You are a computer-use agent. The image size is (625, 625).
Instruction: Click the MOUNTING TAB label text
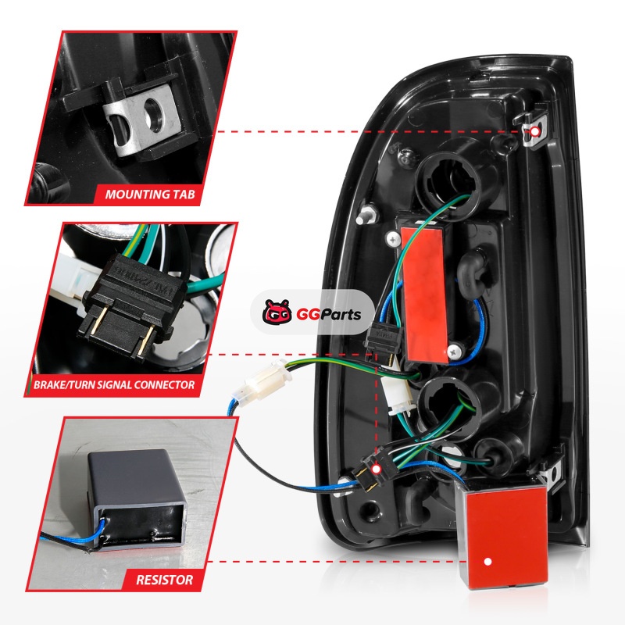pyautogui.click(x=150, y=195)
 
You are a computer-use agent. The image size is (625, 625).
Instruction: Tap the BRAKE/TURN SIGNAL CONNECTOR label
pyautogui.click(x=114, y=385)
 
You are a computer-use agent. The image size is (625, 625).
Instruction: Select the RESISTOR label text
pyautogui.click(x=165, y=580)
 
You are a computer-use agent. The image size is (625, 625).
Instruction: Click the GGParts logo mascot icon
pyautogui.click(x=277, y=312)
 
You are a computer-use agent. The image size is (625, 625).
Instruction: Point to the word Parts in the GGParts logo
pyautogui.click(x=340, y=315)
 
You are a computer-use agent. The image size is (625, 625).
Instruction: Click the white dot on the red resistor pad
pyautogui.click(x=487, y=562)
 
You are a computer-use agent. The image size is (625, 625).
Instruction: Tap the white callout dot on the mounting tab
pyautogui.click(x=534, y=131)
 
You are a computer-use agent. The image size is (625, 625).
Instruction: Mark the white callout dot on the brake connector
pyautogui.click(x=376, y=469)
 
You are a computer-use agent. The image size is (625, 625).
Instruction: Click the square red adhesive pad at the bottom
pyautogui.click(x=502, y=535)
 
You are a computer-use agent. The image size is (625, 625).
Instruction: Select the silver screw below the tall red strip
pyautogui.click(x=455, y=352)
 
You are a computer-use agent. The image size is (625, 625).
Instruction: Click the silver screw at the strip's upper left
pyautogui.click(x=394, y=239)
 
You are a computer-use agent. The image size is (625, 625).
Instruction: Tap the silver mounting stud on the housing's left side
pyautogui.click(x=366, y=216)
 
